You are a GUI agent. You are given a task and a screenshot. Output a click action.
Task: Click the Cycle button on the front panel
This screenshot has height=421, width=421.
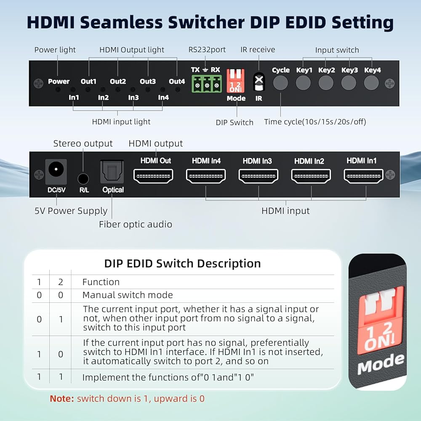[x=280, y=83]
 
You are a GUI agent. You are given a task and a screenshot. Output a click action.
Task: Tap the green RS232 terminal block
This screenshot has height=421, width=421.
[x=206, y=84]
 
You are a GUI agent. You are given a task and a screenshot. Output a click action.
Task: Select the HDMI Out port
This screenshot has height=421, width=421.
[x=153, y=176]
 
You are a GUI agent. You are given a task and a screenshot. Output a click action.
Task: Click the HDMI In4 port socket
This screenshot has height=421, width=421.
[x=206, y=176]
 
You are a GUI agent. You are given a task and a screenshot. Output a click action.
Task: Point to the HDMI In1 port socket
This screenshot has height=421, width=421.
[x=364, y=176]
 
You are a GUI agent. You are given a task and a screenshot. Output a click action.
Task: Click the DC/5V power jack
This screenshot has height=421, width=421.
[x=56, y=172]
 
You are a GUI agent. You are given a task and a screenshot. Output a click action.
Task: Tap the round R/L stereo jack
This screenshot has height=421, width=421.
[x=83, y=179]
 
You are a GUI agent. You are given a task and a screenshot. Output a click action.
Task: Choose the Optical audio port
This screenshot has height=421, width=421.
[x=112, y=172]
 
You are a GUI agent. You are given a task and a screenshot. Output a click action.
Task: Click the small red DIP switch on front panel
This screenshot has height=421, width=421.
[x=235, y=81]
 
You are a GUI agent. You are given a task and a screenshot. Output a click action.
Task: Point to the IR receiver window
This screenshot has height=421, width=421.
[x=259, y=82]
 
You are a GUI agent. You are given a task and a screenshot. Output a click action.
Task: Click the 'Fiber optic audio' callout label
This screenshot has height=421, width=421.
[x=136, y=224]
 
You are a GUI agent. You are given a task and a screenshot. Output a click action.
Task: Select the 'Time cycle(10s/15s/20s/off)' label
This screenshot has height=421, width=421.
[x=315, y=122]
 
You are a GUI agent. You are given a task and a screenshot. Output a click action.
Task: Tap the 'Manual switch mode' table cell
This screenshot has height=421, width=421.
[x=128, y=295]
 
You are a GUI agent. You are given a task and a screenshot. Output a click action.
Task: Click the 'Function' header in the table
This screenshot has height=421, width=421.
[x=101, y=282]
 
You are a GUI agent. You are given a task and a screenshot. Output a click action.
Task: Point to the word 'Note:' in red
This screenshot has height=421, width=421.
[x=62, y=398]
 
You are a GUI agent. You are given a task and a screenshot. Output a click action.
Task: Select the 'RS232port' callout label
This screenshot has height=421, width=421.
[x=207, y=50]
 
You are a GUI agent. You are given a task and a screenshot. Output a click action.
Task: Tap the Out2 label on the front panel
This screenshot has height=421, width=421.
[x=118, y=81]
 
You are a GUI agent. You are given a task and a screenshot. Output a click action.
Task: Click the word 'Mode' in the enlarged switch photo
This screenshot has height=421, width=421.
[x=381, y=364]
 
